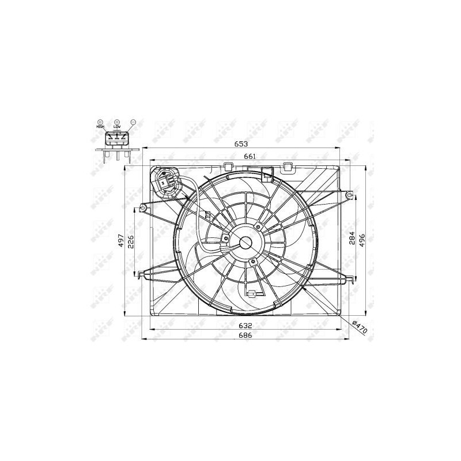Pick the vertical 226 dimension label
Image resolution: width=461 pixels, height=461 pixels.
click(x=131, y=240)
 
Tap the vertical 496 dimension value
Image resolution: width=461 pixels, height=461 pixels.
click(x=362, y=240)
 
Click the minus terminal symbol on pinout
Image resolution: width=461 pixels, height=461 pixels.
click(x=133, y=122)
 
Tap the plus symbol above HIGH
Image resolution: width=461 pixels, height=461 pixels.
click(x=100, y=122)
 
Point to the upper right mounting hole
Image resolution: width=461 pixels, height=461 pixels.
click(x=348, y=196)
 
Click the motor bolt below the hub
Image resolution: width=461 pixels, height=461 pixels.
click(x=252, y=262)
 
